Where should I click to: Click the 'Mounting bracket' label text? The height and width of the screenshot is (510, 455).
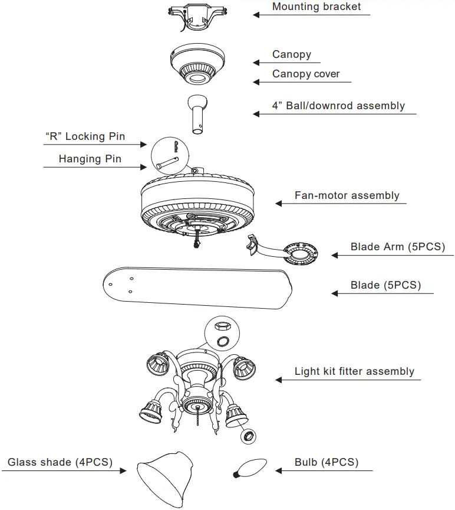pos(316,7)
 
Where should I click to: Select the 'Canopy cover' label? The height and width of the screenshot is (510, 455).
pos(306,74)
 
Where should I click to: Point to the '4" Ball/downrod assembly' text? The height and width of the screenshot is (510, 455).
pos(338,106)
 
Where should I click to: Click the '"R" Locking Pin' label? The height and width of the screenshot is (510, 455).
pos(85,137)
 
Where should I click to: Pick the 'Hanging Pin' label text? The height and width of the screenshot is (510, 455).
pos(90,159)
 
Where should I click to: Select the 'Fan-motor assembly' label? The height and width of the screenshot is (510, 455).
pos(347,195)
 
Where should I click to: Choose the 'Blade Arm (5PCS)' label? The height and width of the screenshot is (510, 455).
pos(398,247)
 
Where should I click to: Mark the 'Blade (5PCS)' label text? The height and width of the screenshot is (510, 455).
pos(385,285)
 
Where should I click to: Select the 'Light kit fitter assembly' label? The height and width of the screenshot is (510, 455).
pos(354,371)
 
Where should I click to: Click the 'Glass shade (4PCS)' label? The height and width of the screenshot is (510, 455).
pos(60,462)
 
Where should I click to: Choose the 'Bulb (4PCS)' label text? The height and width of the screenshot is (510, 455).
pos(326,462)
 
